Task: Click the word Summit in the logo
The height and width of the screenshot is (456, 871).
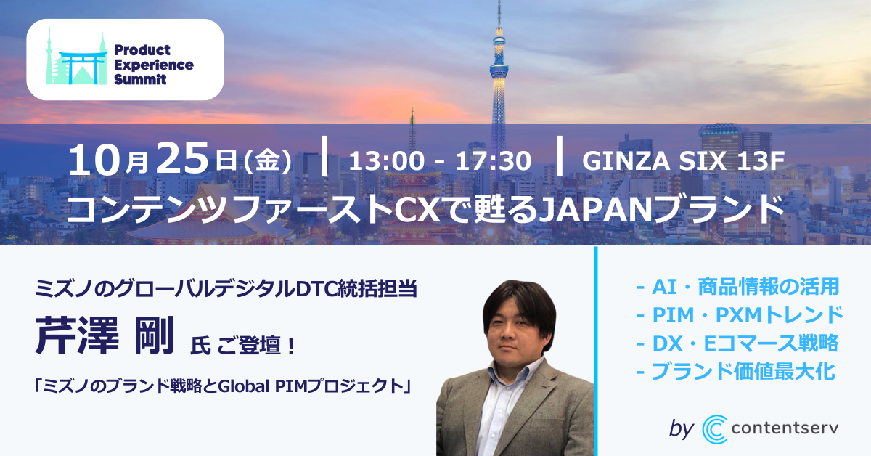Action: coord(140,79)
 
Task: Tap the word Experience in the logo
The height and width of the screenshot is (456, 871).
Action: coord(154,65)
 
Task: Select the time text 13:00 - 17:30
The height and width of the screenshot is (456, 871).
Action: coord(440,161)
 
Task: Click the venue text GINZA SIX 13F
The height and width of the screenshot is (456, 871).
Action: coord(683,160)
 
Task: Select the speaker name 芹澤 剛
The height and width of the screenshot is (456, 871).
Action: coord(105,335)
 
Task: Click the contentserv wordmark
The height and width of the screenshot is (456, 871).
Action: coord(785,428)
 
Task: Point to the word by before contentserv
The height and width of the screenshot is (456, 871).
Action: coord(682,428)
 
